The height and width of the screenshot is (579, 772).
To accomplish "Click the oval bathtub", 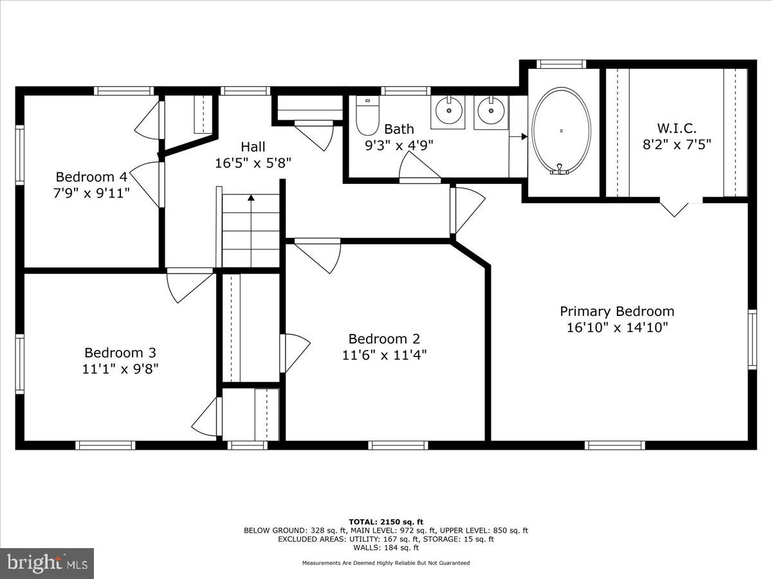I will click(562, 131).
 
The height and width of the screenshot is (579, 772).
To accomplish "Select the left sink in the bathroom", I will click(448, 111).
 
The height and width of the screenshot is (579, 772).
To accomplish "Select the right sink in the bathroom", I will click(492, 111).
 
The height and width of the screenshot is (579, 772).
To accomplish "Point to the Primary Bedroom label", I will click(617, 311).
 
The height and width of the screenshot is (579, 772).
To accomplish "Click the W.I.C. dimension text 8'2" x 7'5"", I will click(677, 144).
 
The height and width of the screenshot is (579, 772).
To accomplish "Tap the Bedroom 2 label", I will click(384, 338).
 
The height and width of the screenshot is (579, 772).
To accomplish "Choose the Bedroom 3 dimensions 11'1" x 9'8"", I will click(121, 369).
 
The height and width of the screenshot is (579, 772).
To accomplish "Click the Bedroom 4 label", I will click(91, 176).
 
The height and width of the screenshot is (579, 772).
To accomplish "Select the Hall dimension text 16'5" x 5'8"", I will click(253, 163).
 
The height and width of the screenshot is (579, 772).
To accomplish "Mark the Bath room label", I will click(399, 129).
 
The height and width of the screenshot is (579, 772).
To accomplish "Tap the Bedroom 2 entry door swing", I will click(318, 255).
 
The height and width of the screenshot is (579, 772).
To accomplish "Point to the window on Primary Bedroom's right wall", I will click(752, 339).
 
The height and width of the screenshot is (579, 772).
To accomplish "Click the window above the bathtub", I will click(561, 64).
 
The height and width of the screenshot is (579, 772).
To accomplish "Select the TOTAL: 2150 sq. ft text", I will click(385, 522).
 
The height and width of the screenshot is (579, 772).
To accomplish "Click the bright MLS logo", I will click(47, 564).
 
